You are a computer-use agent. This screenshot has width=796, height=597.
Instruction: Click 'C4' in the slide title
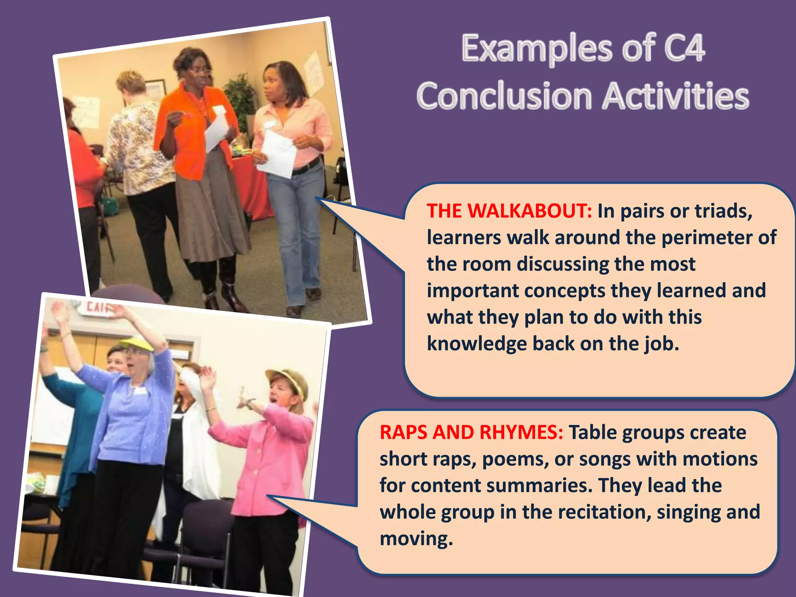tap(684, 49)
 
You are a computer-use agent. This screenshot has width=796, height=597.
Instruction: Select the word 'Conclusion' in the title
tap(504, 96)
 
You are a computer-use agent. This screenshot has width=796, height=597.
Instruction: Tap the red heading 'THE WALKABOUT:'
tap(509, 211)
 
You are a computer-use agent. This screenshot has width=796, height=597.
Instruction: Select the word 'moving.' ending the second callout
tap(416, 539)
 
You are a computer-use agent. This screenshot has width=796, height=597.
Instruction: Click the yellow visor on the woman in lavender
tap(136, 343)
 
